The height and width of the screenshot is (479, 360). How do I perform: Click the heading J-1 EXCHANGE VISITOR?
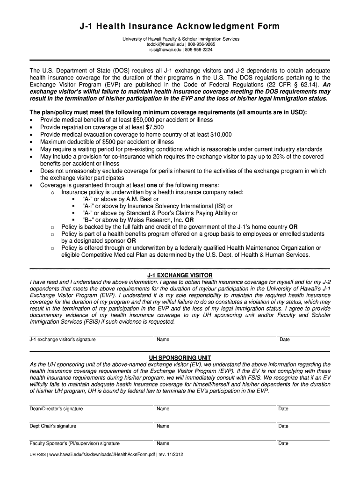click(180, 275)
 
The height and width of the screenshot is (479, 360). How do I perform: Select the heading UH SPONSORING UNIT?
click(180, 357)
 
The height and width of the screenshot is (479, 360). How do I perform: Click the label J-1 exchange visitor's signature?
click(63, 340)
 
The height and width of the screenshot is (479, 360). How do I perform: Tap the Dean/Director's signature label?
click(56, 409)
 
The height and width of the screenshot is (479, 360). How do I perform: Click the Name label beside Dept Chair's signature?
click(163, 426)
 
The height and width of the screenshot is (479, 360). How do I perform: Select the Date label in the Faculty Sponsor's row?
click(283, 443)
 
